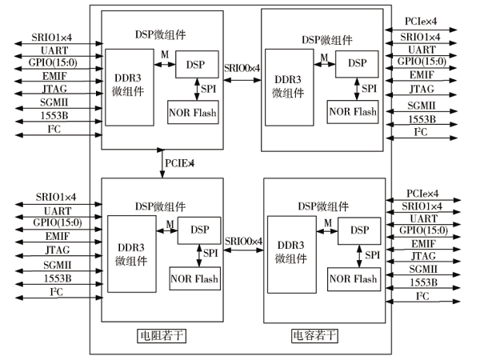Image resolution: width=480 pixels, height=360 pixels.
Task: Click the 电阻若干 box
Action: pos(162,334)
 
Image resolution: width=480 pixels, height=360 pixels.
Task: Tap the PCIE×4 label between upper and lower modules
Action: pos(180,163)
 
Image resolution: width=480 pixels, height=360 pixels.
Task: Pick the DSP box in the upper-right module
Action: pos(357,62)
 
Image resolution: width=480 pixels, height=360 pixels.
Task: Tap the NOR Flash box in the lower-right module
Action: pos(353,278)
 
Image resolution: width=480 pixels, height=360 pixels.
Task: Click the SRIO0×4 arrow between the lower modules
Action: pos(244,250)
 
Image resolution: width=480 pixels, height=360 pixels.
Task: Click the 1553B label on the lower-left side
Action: pos(56,278)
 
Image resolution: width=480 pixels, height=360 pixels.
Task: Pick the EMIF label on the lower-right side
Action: pos(424,243)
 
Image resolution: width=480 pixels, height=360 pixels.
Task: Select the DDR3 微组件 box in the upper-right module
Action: pos(290,86)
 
